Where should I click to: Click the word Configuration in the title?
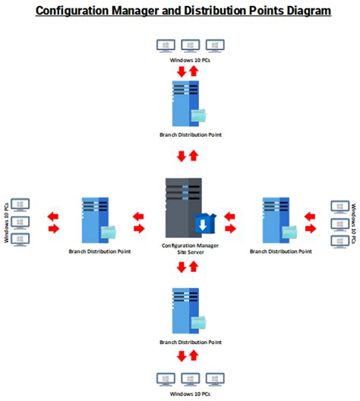coord(72,11)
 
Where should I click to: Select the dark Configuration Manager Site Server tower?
coord(184,207)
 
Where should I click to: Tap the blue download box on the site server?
coord(205,223)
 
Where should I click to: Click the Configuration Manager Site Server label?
coord(190,249)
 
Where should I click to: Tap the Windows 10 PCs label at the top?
coord(190,60)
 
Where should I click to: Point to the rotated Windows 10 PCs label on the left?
coord(7,223)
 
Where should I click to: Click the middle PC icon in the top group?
coord(191,46)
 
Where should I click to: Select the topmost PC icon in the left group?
coord(21,205)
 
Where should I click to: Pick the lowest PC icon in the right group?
coord(339,242)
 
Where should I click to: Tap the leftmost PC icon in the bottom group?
coord(166,380)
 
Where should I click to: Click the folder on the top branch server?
coord(199,115)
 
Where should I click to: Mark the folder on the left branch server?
coord(109,232)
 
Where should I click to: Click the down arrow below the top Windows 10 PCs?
coord(182,71)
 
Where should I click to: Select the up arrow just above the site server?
coord(194,156)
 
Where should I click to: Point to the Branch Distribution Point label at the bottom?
coord(191,343)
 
